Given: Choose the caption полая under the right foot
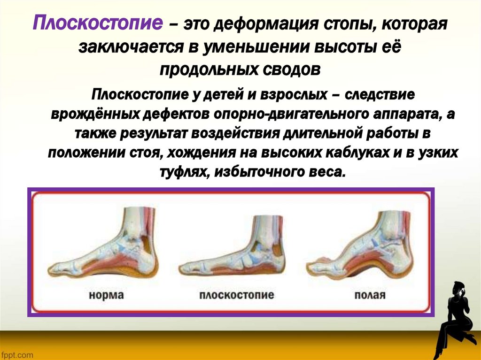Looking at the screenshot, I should click(370, 296).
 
